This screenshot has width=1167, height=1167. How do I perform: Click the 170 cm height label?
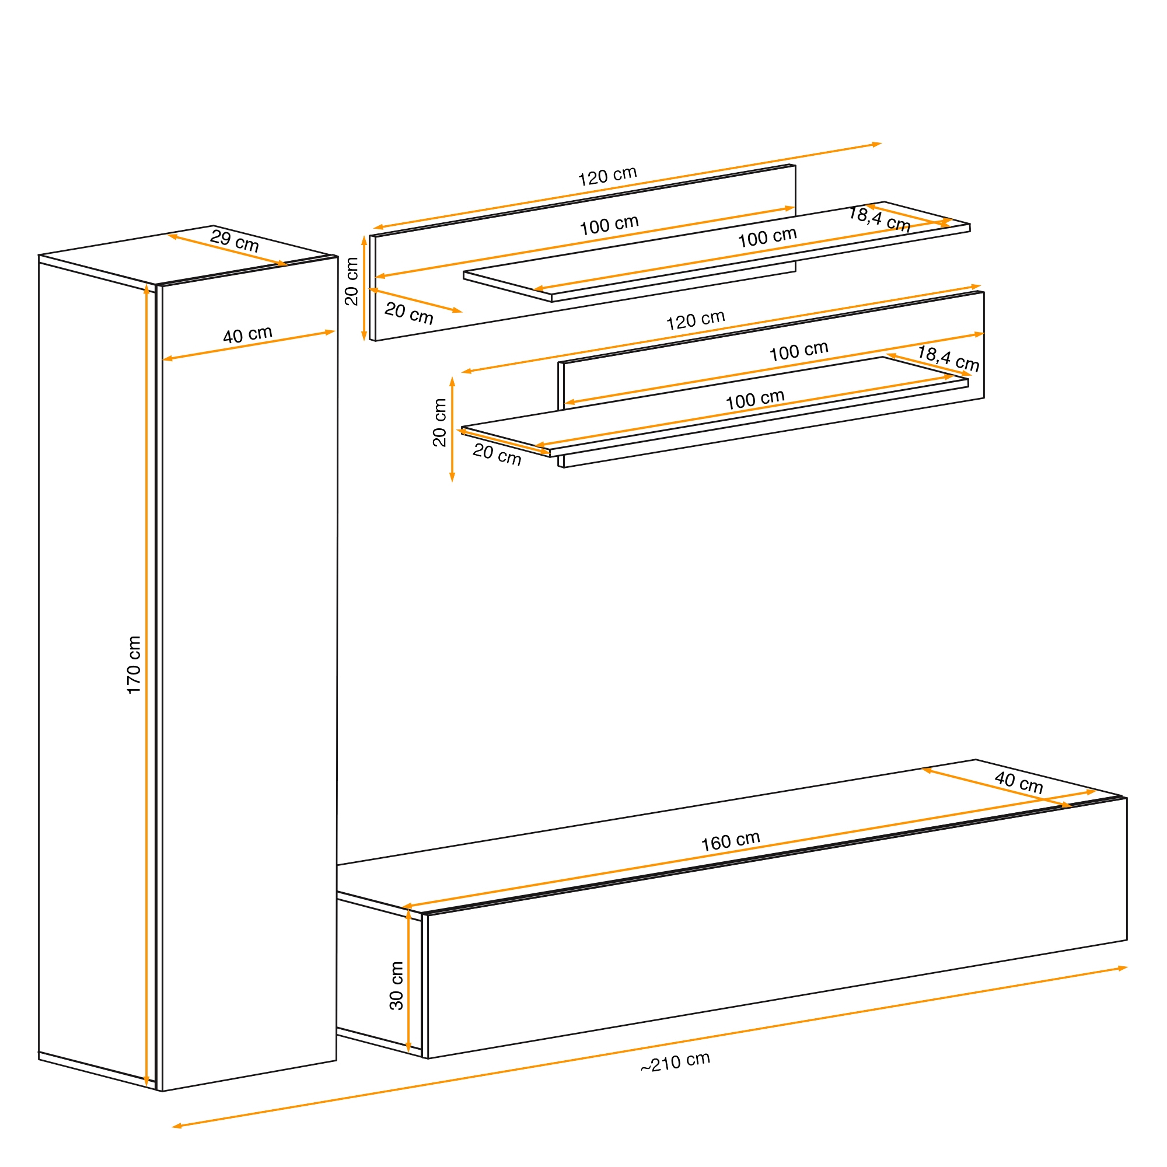point(134,665)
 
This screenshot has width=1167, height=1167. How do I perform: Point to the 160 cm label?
point(731,841)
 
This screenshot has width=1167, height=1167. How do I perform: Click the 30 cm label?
point(396,986)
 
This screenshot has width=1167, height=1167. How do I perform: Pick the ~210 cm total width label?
point(675,1063)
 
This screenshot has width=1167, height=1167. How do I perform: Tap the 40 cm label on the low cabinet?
point(1018,782)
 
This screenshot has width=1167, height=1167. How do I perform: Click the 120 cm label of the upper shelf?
point(607,176)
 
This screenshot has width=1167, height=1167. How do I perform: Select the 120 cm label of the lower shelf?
point(696,320)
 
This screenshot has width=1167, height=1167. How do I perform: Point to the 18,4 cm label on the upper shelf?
point(879,219)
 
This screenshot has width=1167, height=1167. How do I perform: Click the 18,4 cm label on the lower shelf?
point(948,358)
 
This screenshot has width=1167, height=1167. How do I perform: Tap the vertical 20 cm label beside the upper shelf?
point(351,281)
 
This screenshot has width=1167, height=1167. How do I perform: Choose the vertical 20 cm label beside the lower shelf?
point(440,422)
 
